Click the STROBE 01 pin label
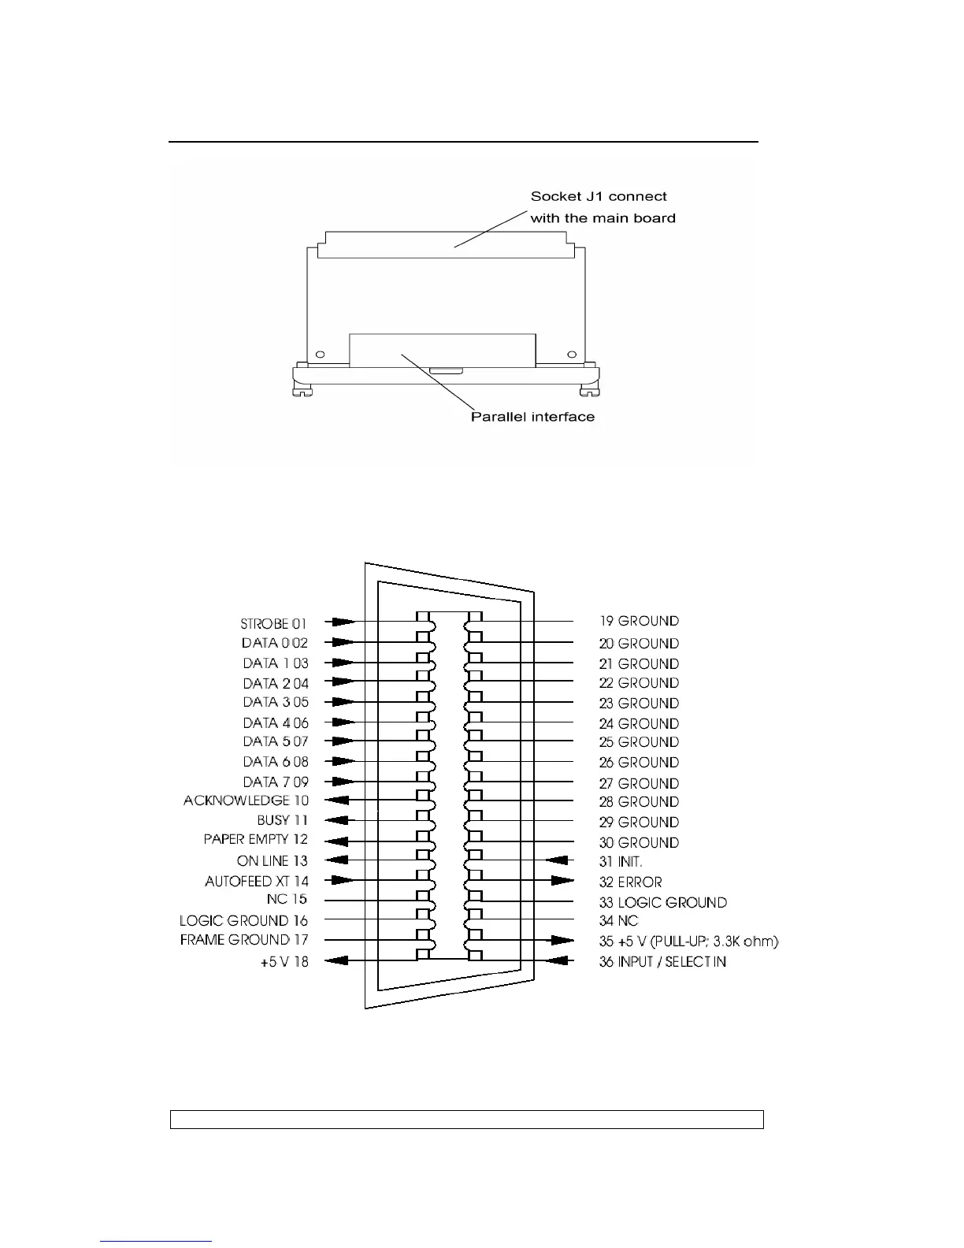(273, 624)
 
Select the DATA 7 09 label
(276, 782)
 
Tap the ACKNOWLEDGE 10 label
(246, 800)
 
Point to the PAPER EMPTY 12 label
(256, 839)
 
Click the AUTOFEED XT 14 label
(257, 881)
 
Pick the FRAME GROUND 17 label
(244, 939)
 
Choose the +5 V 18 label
(284, 961)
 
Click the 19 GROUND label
(639, 621)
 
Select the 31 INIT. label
(621, 862)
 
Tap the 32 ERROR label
(630, 882)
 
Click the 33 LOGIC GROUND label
(662, 902)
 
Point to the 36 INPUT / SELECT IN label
(662, 961)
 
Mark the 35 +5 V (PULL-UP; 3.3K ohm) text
(688, 941)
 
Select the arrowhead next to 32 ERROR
(562, 880)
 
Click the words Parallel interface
(532, 417)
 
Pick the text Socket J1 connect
(599, 196)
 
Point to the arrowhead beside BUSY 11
(336, 820)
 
